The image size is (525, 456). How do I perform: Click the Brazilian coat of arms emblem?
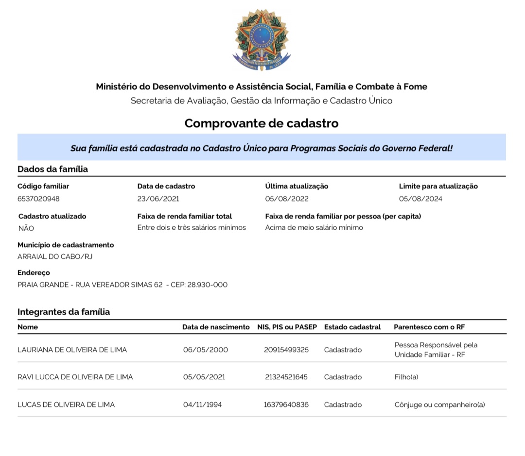[x=262, y=40]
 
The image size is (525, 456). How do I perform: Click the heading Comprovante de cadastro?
[x=262, y=123]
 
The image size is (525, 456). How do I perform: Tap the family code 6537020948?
[x=38, y=199]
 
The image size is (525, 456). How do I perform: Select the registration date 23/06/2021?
[x=158, y=199]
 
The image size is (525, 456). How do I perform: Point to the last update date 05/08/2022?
[x=287, y=199]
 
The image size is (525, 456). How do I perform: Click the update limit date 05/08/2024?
[x=420, y=199]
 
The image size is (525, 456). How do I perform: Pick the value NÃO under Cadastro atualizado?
[x=26, y=228]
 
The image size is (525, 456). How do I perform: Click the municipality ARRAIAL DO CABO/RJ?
[x=55, y=256]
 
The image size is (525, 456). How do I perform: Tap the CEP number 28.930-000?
[x=208, y=285]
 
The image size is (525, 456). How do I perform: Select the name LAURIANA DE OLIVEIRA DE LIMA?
[x=72, y=350]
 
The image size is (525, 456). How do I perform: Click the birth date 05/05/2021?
[x=204, y=377]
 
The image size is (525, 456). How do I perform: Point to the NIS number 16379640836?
[x=286, y=405]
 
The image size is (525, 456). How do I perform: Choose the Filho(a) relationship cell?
[x=406, y=377]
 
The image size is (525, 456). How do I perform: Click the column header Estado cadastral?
[x=352, y=327]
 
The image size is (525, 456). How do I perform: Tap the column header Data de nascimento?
[x=216, y=327]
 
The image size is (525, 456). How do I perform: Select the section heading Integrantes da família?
[x=64, y=312]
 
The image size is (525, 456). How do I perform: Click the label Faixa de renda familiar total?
[x=185, y=216]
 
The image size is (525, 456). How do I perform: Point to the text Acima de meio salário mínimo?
[x=314, y=227]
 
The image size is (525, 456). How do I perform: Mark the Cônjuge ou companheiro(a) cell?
[x=439, y=405]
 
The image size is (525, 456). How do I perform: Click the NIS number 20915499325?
[x=286, y=350]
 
